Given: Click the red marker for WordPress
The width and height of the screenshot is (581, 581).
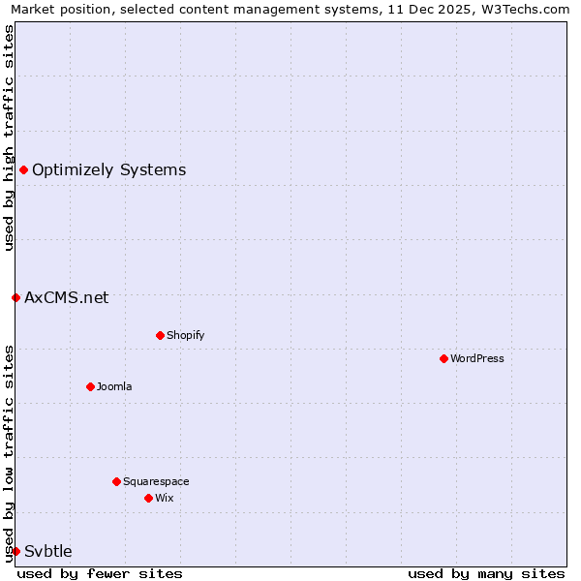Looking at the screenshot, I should coord(443,358).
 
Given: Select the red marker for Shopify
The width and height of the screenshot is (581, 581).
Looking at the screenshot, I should coord(160,335).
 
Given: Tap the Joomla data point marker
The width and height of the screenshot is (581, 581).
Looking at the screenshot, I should coord(90,386).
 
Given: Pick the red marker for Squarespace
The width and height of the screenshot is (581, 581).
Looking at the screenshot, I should coord(116,481).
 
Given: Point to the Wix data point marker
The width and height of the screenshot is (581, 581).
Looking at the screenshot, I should coord(148,498).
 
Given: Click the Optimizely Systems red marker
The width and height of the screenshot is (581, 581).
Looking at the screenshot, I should coord(23,170).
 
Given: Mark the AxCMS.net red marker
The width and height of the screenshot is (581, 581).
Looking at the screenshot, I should coord(15,297).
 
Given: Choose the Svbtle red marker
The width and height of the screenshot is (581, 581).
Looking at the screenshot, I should coord(15,551).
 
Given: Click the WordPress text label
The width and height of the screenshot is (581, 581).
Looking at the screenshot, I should coord(477,358).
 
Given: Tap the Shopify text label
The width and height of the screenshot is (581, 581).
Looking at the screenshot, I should coord(185,335).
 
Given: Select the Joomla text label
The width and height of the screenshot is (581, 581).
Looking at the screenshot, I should coord(114,386).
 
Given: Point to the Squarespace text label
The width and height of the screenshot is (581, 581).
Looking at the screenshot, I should coord(156,481).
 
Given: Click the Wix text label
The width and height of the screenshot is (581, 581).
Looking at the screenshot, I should coord(165,498).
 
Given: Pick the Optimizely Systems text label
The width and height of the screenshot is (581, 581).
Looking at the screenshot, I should coord(109,170).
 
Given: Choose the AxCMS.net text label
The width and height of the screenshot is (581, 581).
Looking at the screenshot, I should coord(67,297).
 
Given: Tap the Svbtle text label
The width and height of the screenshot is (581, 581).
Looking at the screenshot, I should coord(48,551).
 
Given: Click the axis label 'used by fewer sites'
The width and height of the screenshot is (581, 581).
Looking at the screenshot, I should coord(100,573).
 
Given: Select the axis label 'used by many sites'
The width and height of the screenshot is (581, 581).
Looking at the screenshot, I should coord(486,573).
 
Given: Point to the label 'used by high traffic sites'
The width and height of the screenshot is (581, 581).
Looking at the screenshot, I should coord(9,138).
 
